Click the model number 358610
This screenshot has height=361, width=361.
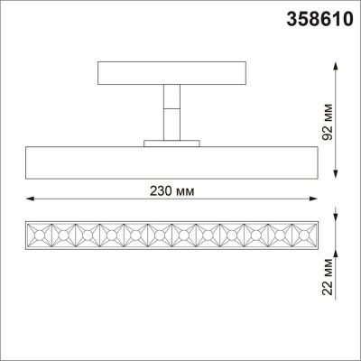(314, 19)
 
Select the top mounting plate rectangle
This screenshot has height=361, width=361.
(169, 72)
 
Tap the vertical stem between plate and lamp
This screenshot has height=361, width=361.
(169, 113)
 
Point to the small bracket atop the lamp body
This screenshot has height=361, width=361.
(169, 142)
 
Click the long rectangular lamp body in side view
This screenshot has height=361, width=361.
(169, 161)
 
